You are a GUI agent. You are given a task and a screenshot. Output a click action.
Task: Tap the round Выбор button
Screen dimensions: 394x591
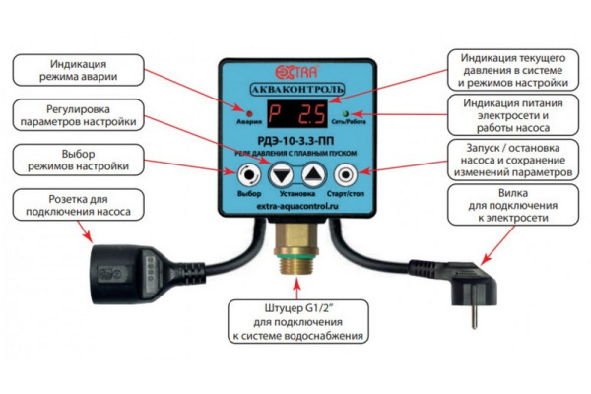tap(248, 175)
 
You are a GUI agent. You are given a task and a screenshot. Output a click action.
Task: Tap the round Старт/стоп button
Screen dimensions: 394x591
tap(345, 175)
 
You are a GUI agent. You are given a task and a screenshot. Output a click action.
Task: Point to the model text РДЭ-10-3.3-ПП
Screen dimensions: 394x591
tap(295, 143)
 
